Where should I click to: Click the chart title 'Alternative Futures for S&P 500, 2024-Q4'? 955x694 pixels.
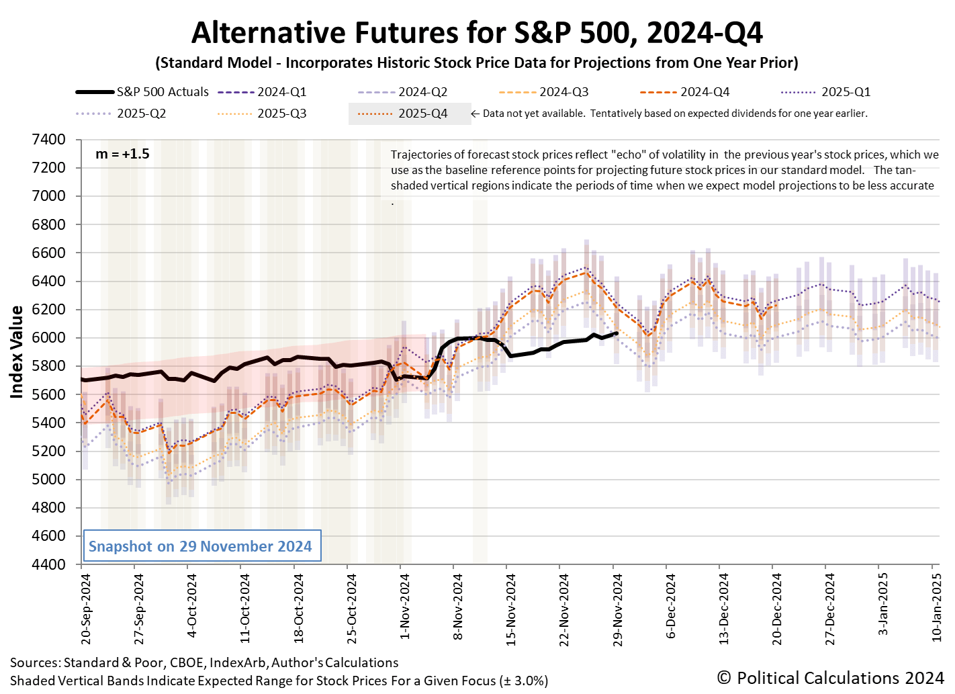(x=477, y=32)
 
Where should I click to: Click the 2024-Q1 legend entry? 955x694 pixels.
(x=281, y=92)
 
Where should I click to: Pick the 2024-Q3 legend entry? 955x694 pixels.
(x=563, y=92)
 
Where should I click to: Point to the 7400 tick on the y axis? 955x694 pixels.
(x=48, y=140)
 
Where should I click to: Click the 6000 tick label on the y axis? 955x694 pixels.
(x=48, y=338)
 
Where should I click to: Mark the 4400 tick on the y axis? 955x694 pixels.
(x=48, y=564)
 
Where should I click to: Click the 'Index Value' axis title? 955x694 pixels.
(x=17, y=352)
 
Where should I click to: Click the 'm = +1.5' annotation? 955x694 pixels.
(x=122, y=154)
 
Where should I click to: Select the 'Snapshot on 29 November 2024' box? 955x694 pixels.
(x=200, y=546)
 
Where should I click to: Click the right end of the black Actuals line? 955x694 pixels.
(x=616, y=333)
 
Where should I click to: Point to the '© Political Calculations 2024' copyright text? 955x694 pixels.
(x=830, y=678)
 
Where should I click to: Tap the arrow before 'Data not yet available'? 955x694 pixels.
(x=475, y=114)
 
